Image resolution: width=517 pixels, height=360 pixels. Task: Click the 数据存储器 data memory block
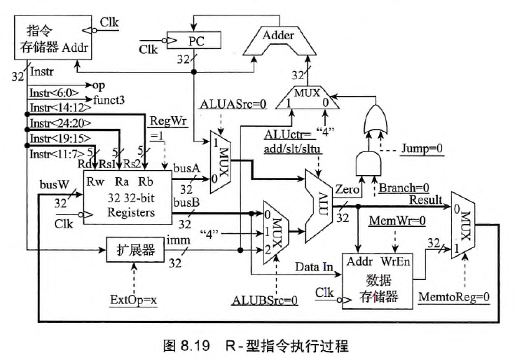[377, 281]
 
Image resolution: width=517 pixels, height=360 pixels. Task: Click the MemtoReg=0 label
[453, 296]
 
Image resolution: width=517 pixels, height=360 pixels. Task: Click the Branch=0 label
[405, 188]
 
